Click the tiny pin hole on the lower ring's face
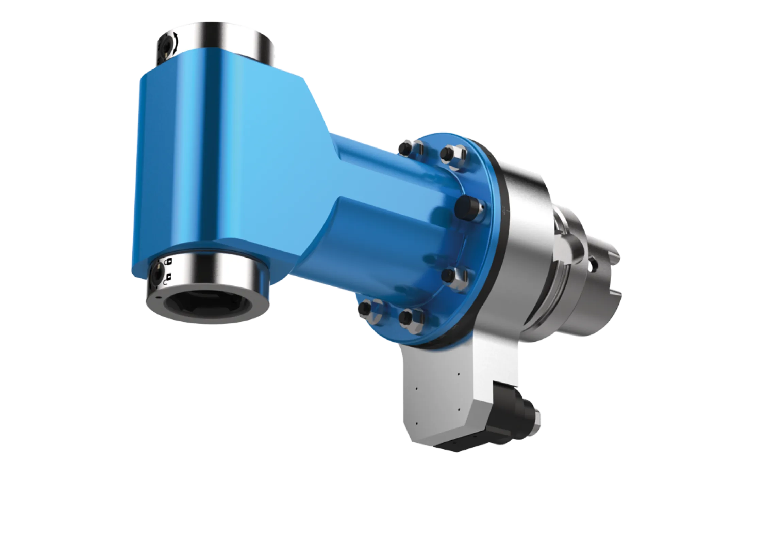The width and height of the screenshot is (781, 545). (x=157, y=297)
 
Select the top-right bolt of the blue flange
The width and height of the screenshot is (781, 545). (x=446, y=154)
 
